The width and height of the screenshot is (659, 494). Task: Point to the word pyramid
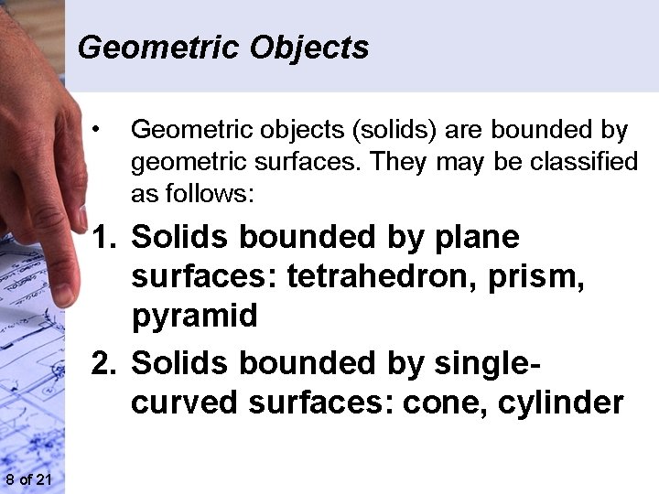tap(195, 317)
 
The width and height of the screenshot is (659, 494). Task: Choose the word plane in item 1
tap(474, 238)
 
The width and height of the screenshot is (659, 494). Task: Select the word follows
tap(212, 194)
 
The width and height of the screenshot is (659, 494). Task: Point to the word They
tap(400, 163)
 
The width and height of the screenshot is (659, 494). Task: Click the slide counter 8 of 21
tap(27, 481)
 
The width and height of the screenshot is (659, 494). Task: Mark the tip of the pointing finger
tap(63, 295)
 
